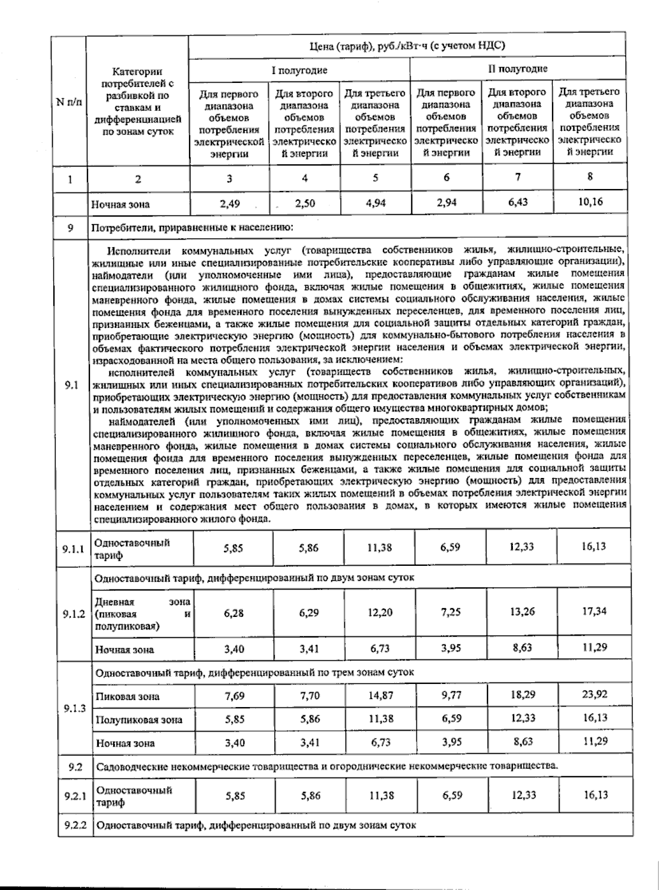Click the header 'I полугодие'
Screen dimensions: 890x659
299,70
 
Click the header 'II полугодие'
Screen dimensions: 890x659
517,69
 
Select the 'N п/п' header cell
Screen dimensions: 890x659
70,102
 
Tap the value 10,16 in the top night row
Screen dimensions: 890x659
590,202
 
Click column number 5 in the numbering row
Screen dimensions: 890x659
376,177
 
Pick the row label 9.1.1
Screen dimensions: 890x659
73,548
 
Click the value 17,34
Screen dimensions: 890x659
595,611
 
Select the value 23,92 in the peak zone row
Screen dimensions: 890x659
595,694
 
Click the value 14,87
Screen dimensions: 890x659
381,695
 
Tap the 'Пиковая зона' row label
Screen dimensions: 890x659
127,697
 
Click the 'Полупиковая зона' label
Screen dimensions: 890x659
139,720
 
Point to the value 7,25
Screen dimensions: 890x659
451,612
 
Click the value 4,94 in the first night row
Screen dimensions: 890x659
376,203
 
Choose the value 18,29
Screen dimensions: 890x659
522,694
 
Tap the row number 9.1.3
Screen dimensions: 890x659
74,708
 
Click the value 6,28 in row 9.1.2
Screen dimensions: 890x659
233,613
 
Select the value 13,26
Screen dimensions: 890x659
522,611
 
